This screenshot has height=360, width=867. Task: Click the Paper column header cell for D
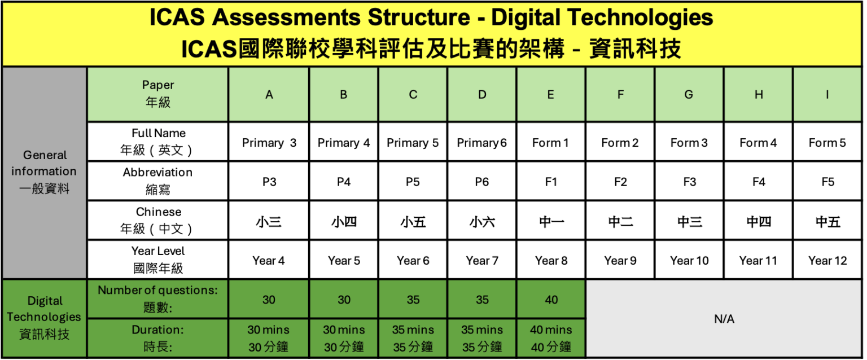pyautogui.click(x=482, y=95)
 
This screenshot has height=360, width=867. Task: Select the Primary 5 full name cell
pyautogui.click(x=413, y=143)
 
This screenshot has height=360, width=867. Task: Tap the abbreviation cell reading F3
pyautogui.click(x=689, y=182)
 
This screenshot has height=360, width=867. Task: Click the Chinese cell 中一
pyautogui.click(x=551, y=222)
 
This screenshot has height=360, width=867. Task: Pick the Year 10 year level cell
pyautogui.click(x=689, y=261)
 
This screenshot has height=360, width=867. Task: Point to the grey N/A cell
pyautogui.click(x=724, y=319)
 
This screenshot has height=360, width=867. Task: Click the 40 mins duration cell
pyautogui.click(x=551, y=339)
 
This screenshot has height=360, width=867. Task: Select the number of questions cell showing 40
pyautogui.click(x=551, y=300)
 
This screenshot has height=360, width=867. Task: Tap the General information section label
pyautogui.click(x=44, y=172)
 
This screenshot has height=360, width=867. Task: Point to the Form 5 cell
pyautogui.click(x=827, y=143)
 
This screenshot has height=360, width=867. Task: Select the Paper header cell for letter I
pyautogui.click(x=827, y=95)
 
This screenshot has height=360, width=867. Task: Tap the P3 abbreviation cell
pyautogui.click(x=269, y=182)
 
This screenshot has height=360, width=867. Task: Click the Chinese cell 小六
pyautogui.click(x=482, y=222)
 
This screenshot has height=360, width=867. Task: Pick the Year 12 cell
pyautogui.click(x=827, y=261)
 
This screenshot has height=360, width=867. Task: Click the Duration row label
pyautogui.click(x=157, y=339)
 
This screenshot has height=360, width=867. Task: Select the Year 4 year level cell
pyautogui.click(x=269, y=261)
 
